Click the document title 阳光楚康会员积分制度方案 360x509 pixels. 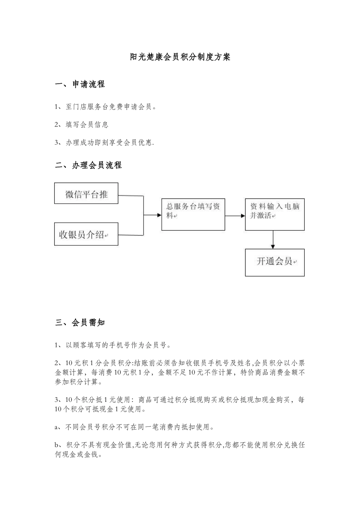(x=180, y=57)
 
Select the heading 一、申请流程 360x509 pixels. (x=80, y=84)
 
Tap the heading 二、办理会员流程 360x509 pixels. (x=88, y=165)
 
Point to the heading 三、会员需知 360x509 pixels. (x=80, y=323)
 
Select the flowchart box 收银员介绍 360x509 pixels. (x=86, y=234)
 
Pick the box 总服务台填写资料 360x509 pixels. (x=193, y=214)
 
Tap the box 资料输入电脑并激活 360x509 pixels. (x=275, y=214)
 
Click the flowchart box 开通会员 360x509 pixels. (x=275, y=262)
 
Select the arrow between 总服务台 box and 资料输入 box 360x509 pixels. (x=235, y=216)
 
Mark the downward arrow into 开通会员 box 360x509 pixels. (x=273, y=245)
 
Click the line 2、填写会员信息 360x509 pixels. (x=82, y=125)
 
